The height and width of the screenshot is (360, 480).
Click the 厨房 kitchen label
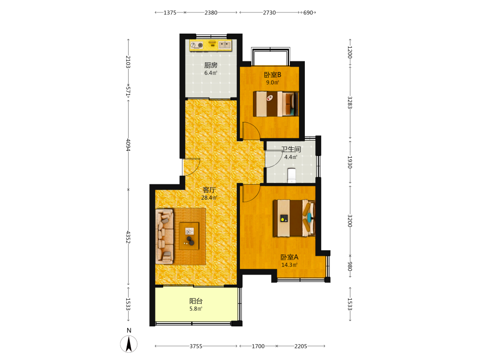pos(211,65)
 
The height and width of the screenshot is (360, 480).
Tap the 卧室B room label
pos(273,75)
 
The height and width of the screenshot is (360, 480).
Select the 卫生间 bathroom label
pos(291,149)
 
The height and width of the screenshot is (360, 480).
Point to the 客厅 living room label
pos(209,190)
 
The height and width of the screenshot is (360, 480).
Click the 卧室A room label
pos(289,257)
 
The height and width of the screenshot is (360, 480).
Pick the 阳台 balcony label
pos(196,301)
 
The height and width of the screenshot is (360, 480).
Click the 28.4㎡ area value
pos(209,198)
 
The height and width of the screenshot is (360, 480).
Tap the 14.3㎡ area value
pos(289,265)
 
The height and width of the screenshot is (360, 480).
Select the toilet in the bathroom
pos(291,175)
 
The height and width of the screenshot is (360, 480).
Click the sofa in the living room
pos(164,236)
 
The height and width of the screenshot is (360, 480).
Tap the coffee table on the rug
pos(189,236)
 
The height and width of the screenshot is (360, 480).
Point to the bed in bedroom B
pos(276,104)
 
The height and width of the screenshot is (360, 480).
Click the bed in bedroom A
pos(294,218)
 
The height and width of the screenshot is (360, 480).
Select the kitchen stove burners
pos(197,46)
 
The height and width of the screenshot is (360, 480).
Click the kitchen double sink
pos(224,45)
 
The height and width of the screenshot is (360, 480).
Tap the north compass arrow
pos(129,344)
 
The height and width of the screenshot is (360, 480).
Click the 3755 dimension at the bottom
pos(196,346)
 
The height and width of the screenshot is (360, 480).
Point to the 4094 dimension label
pos(128,145)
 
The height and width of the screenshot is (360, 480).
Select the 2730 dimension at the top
pos(269,12)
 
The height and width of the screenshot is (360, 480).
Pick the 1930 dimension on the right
pos(350,162)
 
